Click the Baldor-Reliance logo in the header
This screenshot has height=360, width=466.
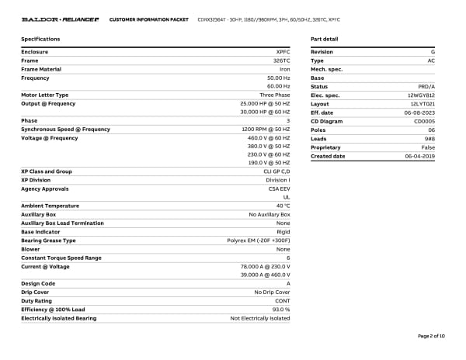60,19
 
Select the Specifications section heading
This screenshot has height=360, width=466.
40,38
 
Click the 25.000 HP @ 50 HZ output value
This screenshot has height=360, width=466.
266,103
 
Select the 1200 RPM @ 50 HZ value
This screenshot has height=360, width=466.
266,129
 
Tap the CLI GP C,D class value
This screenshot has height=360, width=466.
276,171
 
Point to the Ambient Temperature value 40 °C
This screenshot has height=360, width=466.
282,206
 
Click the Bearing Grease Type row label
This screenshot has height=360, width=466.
48,241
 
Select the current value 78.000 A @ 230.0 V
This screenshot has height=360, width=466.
266,266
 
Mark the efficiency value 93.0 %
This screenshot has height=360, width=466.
280,309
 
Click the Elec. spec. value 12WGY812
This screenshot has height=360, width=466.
421,95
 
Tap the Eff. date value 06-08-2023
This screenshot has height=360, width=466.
419,112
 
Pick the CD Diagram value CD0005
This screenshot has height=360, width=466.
424,121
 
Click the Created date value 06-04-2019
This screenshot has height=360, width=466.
419,156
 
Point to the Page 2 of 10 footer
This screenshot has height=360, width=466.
431,336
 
